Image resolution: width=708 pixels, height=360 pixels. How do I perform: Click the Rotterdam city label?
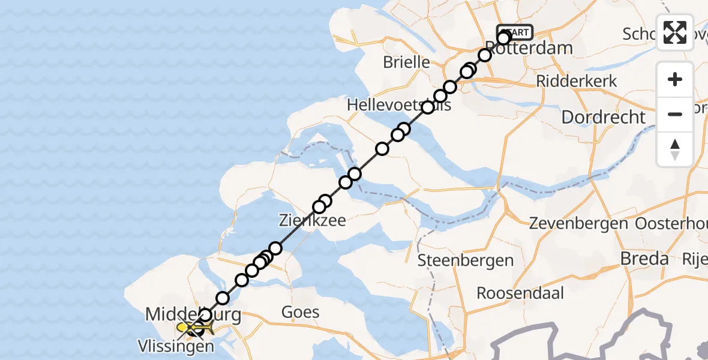click(x=528, y=48)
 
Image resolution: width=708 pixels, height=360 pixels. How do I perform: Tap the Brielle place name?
click(x=406, y=62)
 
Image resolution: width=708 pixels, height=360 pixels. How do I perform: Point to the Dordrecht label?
click(x=603, y=117)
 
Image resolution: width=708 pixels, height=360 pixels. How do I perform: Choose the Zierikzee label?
click(x=313, y=221)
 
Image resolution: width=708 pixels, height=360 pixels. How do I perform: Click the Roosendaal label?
click(x=521, y=293)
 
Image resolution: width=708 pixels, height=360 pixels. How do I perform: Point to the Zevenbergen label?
click(x=578, y=224)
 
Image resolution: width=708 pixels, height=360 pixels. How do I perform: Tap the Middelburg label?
click(x=193, y=314)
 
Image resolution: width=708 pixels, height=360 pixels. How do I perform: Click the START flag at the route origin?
click(x=515, y=32)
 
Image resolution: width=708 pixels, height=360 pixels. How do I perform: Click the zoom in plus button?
click(x=675, y=80)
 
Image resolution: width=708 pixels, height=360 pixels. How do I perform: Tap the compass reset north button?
click(x=675, y=149)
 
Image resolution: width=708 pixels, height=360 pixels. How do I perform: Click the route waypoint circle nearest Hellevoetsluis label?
click(x=428, y=107)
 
